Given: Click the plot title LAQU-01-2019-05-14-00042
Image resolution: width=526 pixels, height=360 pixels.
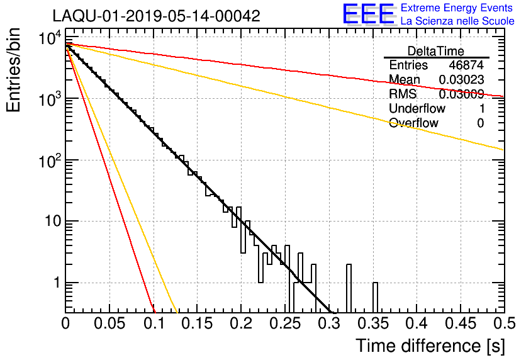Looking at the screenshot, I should [x=156, y=16].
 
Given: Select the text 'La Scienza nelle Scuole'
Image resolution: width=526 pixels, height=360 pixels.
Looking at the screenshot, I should [x=457, y=21].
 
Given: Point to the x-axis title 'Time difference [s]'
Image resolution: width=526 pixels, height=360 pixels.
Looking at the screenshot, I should [x=430, y=346].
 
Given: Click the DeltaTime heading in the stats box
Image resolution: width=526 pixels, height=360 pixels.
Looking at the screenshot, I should [x=436, y=51].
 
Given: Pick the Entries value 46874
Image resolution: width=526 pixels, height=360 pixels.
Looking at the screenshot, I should [x=466, y=65].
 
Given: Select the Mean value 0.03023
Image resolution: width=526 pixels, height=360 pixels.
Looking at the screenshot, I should [x=462, y=80].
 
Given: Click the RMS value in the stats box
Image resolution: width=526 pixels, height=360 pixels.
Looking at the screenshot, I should [x=462, y=94].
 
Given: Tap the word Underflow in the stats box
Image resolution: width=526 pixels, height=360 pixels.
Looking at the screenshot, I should [x=417, y=108].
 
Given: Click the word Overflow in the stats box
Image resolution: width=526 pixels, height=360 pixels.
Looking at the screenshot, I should [x=413, y=123].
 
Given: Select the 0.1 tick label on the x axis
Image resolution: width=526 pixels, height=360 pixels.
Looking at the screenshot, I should [x=154, y=324].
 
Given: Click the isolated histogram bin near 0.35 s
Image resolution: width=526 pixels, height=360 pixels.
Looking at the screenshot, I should [x=376, y=297].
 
